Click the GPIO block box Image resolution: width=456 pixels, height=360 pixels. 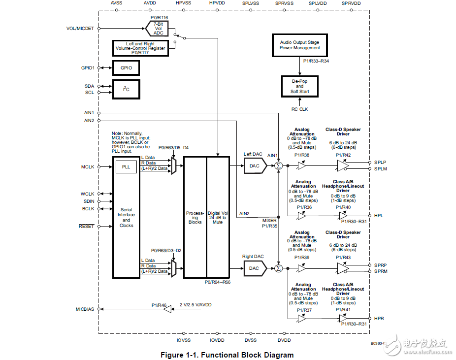click(x=126, y=67)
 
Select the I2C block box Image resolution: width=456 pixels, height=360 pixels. click(x=126, y=89)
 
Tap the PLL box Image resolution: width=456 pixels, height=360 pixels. click(x=126, y=167)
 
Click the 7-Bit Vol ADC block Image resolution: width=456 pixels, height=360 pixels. click(x=158, y=28)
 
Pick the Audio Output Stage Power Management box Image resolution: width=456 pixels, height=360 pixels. click(x=299, y=45)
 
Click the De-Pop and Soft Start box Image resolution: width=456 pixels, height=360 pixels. click(x=299, y=86)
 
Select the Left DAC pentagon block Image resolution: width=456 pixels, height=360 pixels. click(x=255, y=166)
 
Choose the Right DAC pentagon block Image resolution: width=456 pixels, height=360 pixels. click(x=255, y=268)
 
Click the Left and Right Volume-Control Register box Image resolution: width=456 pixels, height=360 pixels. click(x=140, y=48)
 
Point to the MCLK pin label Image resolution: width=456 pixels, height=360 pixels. click(x=88, y=167)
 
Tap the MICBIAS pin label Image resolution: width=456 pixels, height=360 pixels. click(x=85, y=309)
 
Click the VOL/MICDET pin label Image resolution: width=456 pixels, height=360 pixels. click(x=80, y=28)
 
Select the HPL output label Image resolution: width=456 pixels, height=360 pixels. click(x=379, y=216)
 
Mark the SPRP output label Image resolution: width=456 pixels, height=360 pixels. click(x=380, y=265)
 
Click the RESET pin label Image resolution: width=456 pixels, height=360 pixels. click(x=86, y=227)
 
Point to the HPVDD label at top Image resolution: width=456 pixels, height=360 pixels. click(x=217, y=3)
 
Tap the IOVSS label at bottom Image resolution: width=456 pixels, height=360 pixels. click(x=183, y=340)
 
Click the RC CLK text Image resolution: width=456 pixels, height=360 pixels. click(x=299, y=109)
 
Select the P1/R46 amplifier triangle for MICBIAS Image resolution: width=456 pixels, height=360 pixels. click(x=167, y=309)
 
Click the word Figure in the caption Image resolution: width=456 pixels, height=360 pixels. click(x=174, y=355)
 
